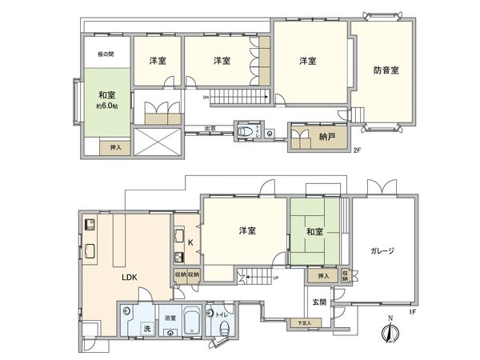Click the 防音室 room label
[386, 70]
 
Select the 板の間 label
[106, 55]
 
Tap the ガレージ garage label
[382, 250]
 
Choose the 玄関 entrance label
[319, 302]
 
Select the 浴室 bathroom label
[170, 317]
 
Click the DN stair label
[206, 98]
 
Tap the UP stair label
[276, 278]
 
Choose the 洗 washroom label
[146, 329]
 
